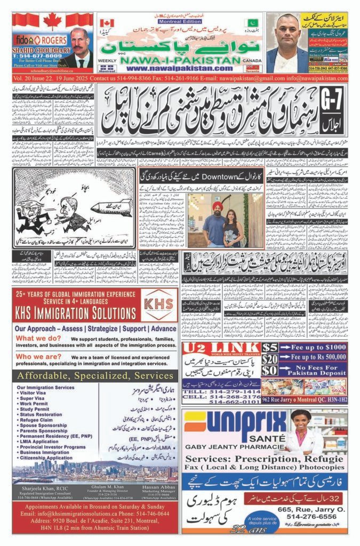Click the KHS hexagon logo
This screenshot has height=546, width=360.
point(159,305)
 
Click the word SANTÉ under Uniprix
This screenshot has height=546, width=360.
point(250,436)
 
